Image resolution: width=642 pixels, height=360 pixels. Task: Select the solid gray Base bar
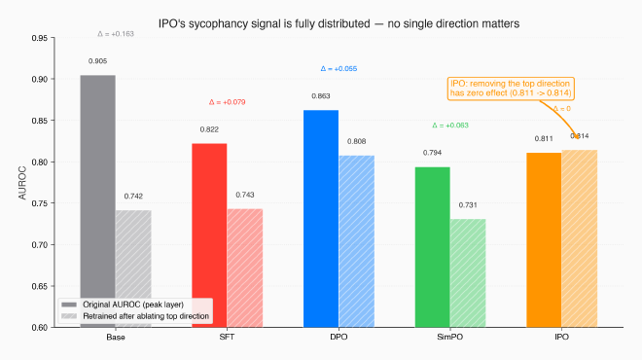[98, 195]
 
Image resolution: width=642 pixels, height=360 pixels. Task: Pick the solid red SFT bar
[209, 234]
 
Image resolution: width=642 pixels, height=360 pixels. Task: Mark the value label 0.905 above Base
[98, 60]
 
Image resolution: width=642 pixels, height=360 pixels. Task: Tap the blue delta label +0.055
[339, 69]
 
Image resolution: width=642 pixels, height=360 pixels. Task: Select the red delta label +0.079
[228, 102]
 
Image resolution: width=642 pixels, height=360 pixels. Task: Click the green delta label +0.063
[450, 126]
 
